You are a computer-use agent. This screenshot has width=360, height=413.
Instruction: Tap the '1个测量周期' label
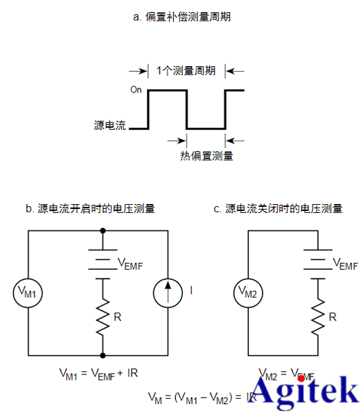click(x=186, y=70)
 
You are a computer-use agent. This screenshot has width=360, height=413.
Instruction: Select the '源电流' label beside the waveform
click(x=110, y=125)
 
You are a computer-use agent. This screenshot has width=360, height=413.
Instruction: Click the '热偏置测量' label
click(x=206, y=156)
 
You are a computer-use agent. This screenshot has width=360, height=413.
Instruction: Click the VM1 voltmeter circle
click(x=28, y=292)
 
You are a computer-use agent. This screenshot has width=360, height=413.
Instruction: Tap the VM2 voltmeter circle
click(x=248, y=292)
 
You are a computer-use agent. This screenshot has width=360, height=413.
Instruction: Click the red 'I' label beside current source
click(x=191, y=291)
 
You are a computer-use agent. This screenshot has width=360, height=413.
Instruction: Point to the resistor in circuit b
click(x=103, y=314)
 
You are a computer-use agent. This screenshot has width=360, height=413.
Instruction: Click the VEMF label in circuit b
click(x=131, y=263)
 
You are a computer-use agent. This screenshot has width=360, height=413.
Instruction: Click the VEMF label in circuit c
click(x=344, y=264)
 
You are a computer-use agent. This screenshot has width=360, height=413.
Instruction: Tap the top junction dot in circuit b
click(x=103, y=230)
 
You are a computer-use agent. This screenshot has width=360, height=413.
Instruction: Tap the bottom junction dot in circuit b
click(x=103, y=354)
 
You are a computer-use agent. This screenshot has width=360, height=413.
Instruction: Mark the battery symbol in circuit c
click(x=316, y=263)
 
